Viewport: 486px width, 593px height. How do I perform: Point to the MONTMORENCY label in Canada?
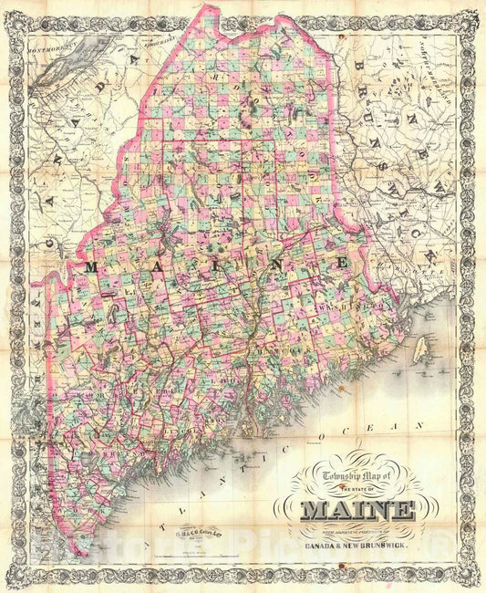click(x=50, y=44)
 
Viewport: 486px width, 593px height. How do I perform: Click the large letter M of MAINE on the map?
click(x=91, y=266)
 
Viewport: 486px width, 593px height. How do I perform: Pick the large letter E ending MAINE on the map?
click(x=344, y=263)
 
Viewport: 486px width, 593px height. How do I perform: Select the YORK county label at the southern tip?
click(x=68, y=511)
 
